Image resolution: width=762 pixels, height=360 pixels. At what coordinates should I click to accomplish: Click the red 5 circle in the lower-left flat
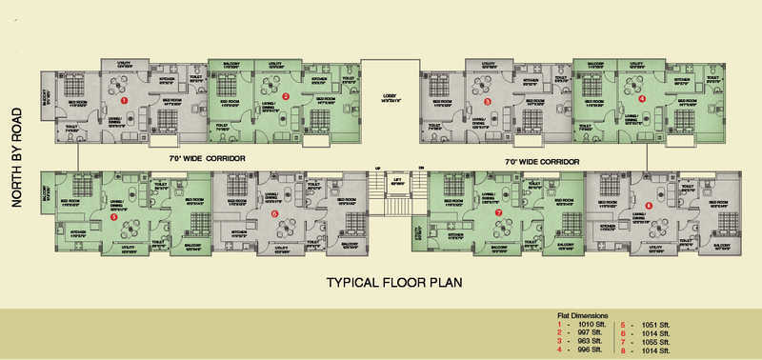tap(114, 217)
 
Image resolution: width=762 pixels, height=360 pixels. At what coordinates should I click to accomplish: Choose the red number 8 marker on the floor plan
tap(649, 206)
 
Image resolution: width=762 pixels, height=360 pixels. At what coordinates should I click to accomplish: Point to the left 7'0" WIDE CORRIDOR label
tap(208, 157)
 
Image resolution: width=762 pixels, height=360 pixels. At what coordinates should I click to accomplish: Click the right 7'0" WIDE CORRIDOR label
tap(542, 162)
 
